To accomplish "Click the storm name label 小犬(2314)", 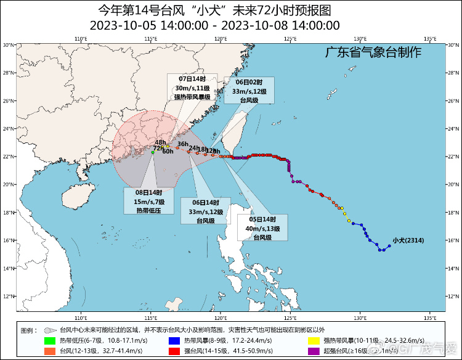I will coord(408,240).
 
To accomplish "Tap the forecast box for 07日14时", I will coord(192,88).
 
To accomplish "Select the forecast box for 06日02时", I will coord(249,91).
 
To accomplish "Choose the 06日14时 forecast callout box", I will coord(205,211).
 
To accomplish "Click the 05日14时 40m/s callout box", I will coord(262,228).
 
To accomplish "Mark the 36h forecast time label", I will coord(183,144).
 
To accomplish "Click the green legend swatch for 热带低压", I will coord(49,340).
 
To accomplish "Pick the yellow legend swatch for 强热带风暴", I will coord(313,340).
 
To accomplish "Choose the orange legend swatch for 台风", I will coord(49,351).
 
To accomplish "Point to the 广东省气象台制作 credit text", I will coord(373,52).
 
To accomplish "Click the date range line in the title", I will coord(214,25).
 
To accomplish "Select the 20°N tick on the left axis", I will coord(9,184).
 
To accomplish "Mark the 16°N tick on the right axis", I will coord(453,240).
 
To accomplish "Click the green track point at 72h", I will coord(153,152).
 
